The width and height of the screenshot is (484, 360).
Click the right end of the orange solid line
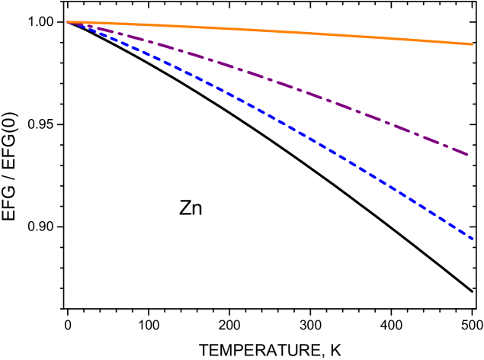pos(473,44)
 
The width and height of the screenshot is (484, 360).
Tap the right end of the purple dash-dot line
pos(468,155)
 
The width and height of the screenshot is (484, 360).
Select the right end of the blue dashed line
pos(473,239)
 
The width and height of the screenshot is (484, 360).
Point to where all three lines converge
pos(69,22)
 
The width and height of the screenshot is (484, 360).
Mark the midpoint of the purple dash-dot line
pos(268,80)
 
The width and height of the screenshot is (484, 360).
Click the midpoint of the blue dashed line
pos(271,118)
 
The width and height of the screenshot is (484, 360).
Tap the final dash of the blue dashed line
pos(469,236)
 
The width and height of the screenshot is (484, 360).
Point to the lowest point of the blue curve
pos(473,239)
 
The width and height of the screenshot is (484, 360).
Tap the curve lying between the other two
pos(343,108)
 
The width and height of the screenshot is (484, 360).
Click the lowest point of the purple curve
pos(468,155)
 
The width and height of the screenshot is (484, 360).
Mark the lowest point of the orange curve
pos(473,44)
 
